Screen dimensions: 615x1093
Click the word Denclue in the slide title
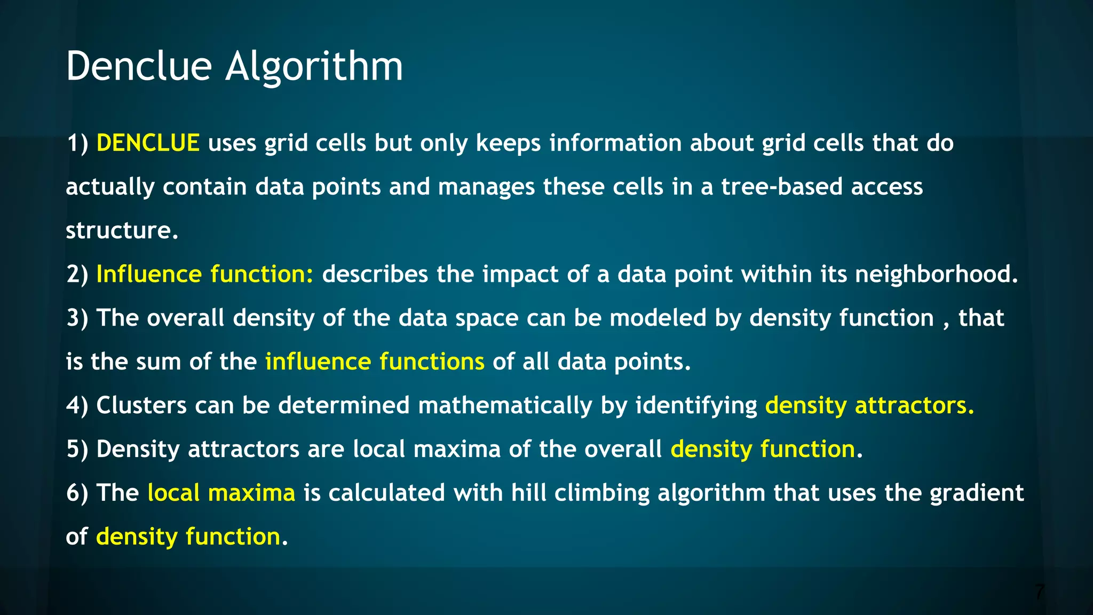pyautogui.click(x=139, y=66)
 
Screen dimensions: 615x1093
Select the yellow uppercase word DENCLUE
pyautogui.click(x=148, y=143)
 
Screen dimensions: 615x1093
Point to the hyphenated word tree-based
pyautogui.click(x=781, y=187)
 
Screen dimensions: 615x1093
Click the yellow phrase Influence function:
pyautogui.click(x=205, y=274)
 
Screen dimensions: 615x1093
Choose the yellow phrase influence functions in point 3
pyautogui.click(x=375, y=362)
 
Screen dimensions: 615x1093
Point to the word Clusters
pyautogui.click(x=141, y=405)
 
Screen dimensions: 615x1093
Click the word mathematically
pyautogui.click(x=505, y=406)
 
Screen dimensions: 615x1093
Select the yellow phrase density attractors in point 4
pyautogui.click(x=869, y=406)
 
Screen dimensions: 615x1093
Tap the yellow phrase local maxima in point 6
pyautogui.click(x=221, y=493)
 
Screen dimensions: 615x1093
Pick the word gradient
pyautogui.click(x=977, y=493)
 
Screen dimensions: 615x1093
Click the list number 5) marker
pyautogui.click(x=77, y=450)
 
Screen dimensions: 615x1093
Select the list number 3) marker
pyautogui.click(x=77, y=318)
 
